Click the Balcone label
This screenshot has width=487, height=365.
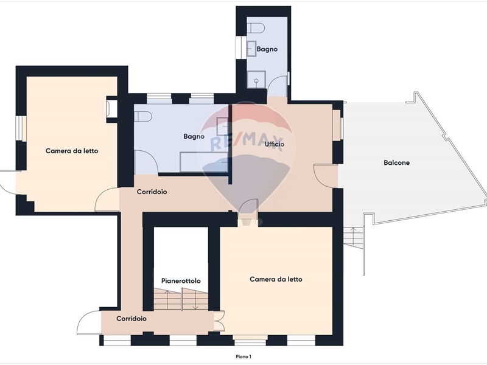pos(397,162)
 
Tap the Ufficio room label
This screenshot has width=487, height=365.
pos(275,144)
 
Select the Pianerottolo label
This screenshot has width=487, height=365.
pos(181,281)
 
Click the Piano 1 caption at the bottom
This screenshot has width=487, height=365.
pos(243,356)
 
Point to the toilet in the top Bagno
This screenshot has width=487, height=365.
pos(256,28)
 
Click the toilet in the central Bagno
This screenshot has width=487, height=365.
pos(143,117)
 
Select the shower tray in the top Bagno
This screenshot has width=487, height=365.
pos(256,80)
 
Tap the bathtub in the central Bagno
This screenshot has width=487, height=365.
pos(204,162)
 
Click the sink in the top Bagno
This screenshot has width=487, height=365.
pos(252,49)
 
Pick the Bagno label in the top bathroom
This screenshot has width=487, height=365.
pos(267,49)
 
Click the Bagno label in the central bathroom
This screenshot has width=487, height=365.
pos(194,136)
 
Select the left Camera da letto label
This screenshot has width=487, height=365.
pos(72,151)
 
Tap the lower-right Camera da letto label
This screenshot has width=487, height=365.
pos(276,279)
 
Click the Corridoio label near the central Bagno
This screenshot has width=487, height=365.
pos(152,192)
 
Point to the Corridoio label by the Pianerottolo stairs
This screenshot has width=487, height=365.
pos(131,318)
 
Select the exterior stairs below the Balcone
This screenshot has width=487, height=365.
pos(354,238)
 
